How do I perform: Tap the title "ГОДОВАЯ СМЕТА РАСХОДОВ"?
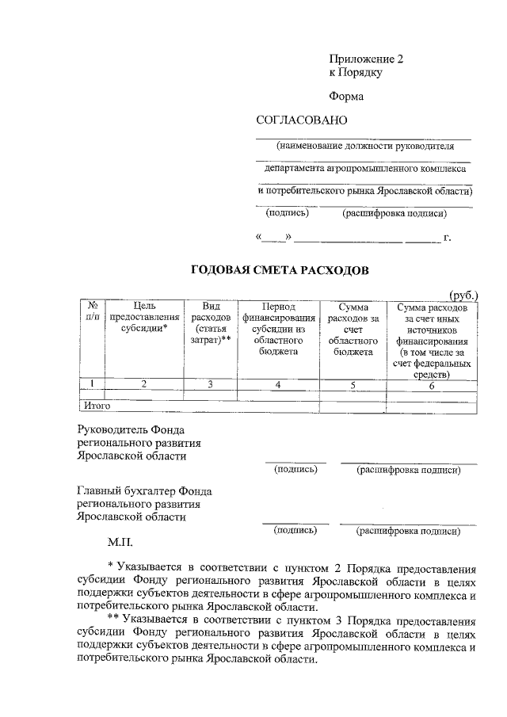pos(280,270)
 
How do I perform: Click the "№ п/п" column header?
pos(92,311)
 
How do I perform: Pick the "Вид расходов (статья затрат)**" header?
pos(210,322)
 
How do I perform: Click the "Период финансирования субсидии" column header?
pos(277,328)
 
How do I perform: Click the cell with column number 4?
pos(278,385)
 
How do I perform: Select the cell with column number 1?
pos(92,385)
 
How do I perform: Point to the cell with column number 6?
pos(432,385)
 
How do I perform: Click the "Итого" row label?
pos(96,406)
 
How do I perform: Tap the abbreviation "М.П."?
pos(121,545)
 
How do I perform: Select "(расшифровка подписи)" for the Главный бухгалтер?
pos(408,532)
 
